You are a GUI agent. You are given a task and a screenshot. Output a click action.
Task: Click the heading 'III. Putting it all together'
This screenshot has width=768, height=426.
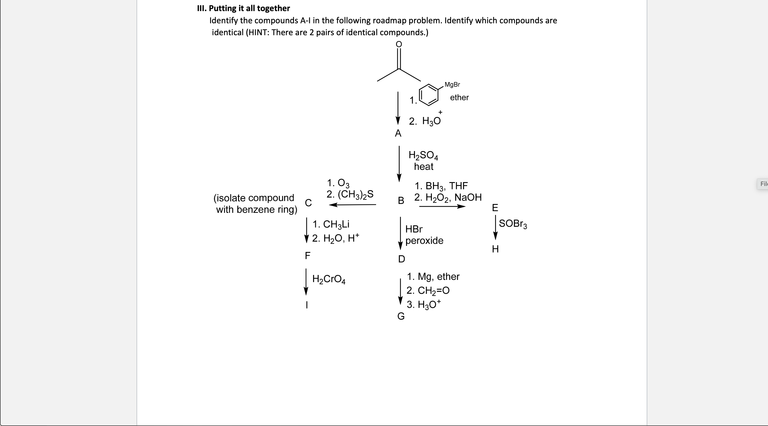pos(243,8)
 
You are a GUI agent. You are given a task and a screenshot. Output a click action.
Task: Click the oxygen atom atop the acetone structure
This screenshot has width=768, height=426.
pos(399,44)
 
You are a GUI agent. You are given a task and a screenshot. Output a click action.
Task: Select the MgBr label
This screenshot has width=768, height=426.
pos(452,85)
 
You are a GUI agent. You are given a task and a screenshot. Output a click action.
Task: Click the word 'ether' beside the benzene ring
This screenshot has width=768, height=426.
pos(459,98)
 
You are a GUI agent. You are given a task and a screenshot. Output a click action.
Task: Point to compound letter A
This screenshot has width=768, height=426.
pos(398,133)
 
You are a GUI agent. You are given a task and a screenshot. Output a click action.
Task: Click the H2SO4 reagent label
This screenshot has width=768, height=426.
pos(423,155)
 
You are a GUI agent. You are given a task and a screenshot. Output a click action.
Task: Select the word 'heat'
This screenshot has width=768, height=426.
pos(423,167)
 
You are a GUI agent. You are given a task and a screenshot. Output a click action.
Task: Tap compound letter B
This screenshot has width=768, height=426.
pos(401,201)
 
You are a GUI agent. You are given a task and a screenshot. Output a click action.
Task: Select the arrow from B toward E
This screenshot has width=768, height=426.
pos(442,206)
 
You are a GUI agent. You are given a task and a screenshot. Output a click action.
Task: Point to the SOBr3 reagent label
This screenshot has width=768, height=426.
pos(513,224)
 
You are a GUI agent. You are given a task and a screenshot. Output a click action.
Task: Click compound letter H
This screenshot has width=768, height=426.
pos(495,249)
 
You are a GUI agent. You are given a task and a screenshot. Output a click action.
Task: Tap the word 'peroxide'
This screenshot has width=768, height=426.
pos(424,241)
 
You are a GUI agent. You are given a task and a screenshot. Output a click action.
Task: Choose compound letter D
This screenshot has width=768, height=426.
pos(402,259)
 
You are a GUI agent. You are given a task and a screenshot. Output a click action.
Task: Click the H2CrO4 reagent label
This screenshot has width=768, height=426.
pos(329,279)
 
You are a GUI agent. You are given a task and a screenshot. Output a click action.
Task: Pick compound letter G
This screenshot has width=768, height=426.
pos(401,316)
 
